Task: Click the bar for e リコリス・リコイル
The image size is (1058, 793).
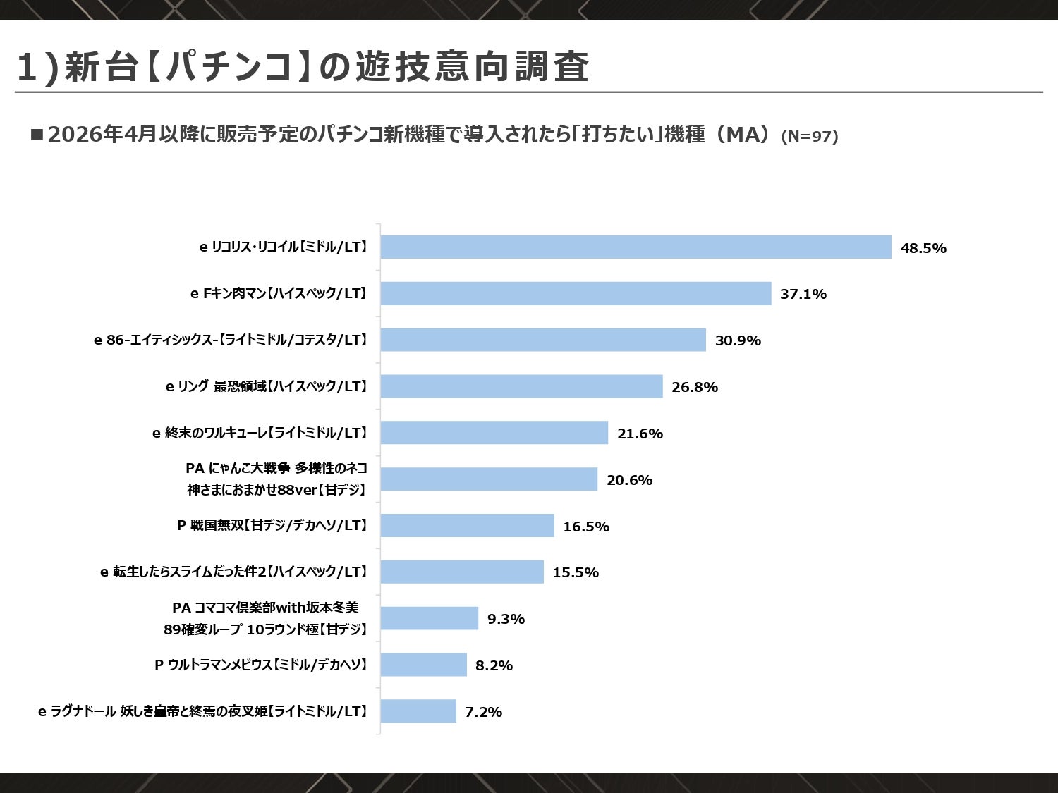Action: click(x=636, y=247)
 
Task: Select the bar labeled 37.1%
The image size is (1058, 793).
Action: click(x=576, y=294)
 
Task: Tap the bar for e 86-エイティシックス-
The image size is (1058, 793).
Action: click(x=543, y=340)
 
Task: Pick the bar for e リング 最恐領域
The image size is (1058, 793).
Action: click(x=521, y=386)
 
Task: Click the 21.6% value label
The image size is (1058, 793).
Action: click(x=640, y=434)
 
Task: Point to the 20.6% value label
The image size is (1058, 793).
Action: click(x=629, y=480)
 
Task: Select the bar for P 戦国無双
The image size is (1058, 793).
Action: click(x=467, y=526)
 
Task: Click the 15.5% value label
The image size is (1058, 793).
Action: click(x=576, y=572)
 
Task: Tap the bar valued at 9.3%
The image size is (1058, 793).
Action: click(x=429, y=618)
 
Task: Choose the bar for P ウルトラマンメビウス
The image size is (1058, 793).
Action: click(x=423, y=665)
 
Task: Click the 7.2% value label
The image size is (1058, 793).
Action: click(x=483, y=712)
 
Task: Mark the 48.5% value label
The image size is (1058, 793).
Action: click(x=923, y=248)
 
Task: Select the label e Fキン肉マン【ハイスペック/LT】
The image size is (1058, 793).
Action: click(x=279, y=294)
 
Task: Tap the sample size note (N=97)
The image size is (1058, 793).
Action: click(x=810, y=137)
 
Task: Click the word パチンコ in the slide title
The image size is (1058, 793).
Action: click(x=229, y=66)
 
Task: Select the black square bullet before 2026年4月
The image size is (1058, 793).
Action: click(x=37, y=134)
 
